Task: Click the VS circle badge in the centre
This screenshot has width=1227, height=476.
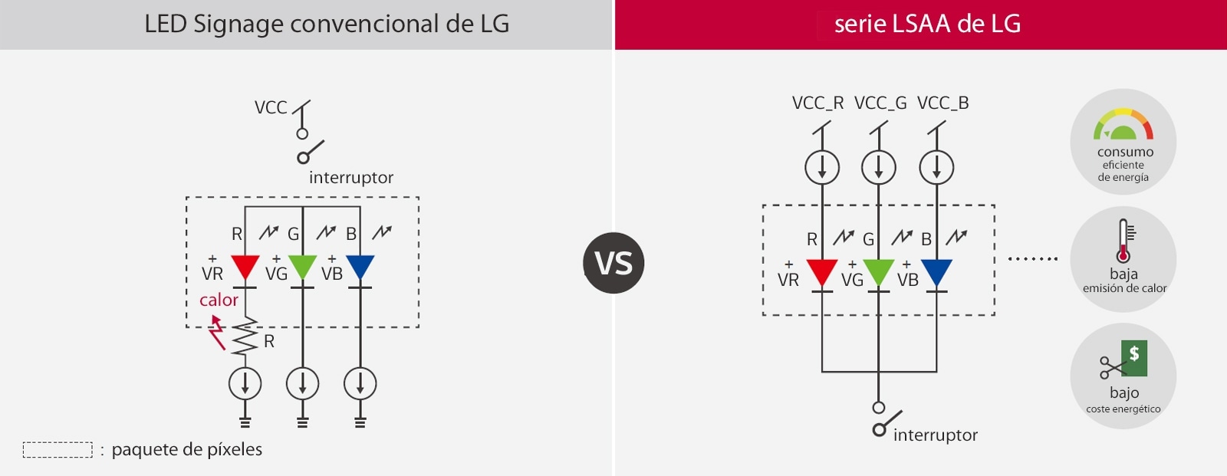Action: (613, 263)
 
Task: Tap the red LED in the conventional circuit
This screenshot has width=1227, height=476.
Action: (245, 267)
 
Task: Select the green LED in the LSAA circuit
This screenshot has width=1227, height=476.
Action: (879, 272)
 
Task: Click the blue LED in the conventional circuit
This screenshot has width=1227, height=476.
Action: (360, 267)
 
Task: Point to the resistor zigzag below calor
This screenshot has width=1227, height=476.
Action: (245, 336)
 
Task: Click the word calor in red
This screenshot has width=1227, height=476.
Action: (219, 300)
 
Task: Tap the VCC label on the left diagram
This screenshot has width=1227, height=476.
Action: (271, 107)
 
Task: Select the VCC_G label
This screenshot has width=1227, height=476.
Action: (880, 103)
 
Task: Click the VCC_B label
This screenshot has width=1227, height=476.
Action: (942, 103)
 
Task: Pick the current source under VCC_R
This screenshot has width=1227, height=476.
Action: (822, 167)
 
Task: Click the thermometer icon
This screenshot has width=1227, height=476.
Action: (1123, 241)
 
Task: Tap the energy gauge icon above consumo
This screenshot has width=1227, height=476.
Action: (1123, 125)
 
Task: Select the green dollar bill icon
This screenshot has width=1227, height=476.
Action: (1133, 358)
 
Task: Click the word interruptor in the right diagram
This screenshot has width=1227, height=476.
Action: (935, 435)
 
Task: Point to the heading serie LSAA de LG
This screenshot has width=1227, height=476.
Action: (927, 24)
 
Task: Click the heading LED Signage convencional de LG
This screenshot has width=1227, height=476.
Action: (327, 24)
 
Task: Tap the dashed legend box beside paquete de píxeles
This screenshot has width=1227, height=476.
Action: (58, 449)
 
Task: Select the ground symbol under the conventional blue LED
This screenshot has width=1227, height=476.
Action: (360, 422)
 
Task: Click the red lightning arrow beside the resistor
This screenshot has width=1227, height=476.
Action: (218, 334)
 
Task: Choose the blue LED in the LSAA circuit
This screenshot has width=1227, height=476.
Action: (936, 272)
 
